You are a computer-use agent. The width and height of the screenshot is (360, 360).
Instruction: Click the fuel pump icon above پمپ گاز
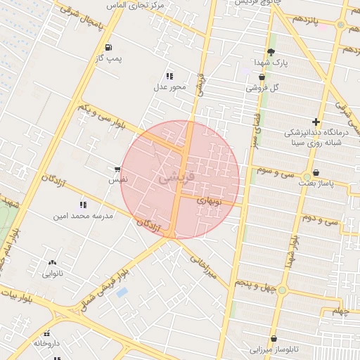[x=108, y=48]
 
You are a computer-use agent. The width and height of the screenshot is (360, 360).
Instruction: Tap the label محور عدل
[x=169, y=87]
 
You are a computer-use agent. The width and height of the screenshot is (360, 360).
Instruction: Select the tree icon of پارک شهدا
[x=271, y=52]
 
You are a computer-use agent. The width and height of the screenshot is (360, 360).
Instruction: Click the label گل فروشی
[x=262, y=88]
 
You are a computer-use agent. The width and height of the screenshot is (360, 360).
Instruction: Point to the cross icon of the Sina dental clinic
[x=316, y=122]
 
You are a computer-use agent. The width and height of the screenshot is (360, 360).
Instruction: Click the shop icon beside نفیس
[x=117, y=169]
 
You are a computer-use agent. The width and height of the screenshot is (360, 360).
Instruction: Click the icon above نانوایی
[x=53, y=262]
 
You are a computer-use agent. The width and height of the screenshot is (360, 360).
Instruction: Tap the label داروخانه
[x=46, y=343]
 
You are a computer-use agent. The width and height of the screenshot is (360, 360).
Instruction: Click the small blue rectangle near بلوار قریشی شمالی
[x=122, y=292]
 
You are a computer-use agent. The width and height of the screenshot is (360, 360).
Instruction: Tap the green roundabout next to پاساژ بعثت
[x=307, y=176]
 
